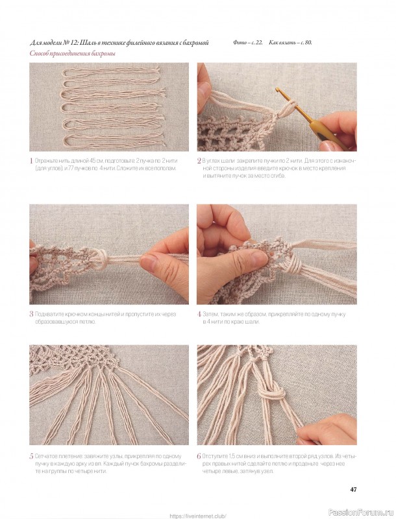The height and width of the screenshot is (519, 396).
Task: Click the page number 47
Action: [353, 489]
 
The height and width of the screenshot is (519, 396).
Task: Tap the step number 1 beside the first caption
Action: [31, 161]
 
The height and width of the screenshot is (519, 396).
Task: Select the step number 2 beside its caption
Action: [199, 161]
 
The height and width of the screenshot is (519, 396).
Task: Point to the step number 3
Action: [31, 314]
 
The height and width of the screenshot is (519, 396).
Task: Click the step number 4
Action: [199, 314]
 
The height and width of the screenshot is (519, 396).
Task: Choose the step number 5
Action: [31, 457]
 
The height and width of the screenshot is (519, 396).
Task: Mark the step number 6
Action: [199, 457]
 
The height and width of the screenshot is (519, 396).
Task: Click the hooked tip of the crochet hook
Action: [277, 89]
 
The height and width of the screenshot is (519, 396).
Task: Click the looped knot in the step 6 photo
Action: [272, 393]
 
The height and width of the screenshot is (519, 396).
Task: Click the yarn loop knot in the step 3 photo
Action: [99, 258]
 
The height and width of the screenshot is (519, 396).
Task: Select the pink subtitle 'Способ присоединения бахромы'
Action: [73, 54]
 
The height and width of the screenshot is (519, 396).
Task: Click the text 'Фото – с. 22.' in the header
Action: [248, 43]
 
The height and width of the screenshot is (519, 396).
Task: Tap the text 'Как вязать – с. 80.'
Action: [290, 43]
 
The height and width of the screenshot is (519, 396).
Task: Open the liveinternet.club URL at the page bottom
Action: [198, 516]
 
